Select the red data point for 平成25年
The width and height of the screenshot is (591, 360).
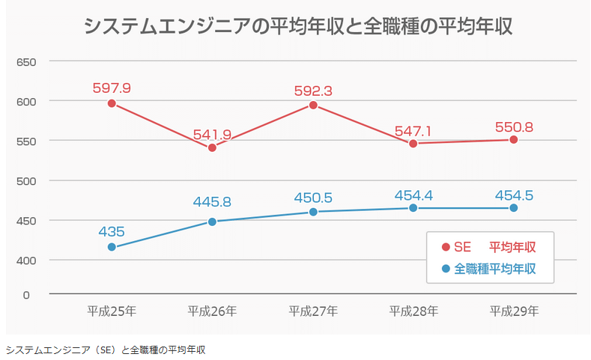tap(112, 103)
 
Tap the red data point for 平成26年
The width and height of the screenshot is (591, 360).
tap(212, 147)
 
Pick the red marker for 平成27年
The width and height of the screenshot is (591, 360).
tap(313, 106)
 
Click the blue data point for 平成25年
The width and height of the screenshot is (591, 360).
tap(112, 247)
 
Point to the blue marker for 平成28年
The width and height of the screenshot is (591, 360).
tap(413, 208)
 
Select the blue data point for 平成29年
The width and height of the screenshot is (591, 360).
tap(514, 208)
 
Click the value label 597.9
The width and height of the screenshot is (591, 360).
tap(112, 88)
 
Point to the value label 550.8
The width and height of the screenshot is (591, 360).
tap(514, 127)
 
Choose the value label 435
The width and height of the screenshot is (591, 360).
tap(112, 232)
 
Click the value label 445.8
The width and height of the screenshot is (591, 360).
tap(212, 202)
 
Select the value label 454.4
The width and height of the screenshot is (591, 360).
tap(413, 196)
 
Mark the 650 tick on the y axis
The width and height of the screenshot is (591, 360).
tap(27, 61)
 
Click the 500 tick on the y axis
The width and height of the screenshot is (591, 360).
tap(27, 180)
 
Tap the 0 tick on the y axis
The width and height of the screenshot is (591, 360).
tap(25, 295)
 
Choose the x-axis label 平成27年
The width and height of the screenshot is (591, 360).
tap(313, 311)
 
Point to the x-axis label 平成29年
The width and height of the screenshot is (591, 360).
tap(514, 311)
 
